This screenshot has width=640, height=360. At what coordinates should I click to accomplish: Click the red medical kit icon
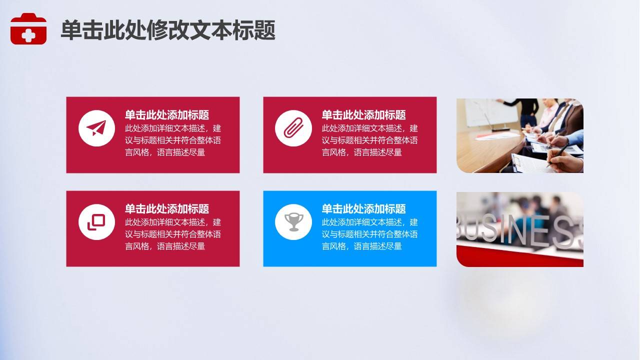point(28,28)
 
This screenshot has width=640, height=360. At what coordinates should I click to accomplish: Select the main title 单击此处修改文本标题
point(168,29)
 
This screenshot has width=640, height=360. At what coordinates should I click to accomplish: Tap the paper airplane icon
point(96,128)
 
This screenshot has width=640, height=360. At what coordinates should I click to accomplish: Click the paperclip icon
point(293,127)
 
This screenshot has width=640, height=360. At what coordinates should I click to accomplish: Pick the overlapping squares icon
point(96,222)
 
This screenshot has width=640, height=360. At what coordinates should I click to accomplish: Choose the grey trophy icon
point(293,221)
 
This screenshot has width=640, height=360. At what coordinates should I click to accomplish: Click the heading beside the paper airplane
point(167,115)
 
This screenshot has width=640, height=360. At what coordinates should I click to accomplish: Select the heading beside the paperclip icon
point(363,115)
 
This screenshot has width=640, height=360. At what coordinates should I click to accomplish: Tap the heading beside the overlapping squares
point(167,209)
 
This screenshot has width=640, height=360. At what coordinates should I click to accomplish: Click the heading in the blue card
point(363,209)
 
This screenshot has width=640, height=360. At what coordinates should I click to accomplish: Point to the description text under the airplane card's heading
point(173,140)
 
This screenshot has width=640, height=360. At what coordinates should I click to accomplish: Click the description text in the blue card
point(369,234)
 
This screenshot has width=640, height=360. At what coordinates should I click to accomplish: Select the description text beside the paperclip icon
point(369,140)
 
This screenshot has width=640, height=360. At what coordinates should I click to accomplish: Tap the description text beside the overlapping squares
point(173,234)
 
